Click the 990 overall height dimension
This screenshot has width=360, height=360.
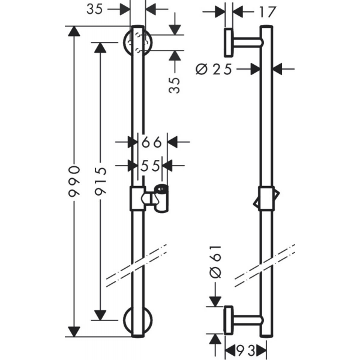(x=74, y=181)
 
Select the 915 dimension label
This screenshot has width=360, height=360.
(x=101, y=181)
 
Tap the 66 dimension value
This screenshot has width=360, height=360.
(x=152, y=142)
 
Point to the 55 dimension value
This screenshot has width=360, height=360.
(x=150, y=166)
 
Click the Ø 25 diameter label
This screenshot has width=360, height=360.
(x=214, y=69)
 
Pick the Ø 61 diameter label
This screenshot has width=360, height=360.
(x=215, y=262)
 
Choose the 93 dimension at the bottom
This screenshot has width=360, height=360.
(x=246, y=350)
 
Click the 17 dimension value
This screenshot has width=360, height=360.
(x=267, y=12)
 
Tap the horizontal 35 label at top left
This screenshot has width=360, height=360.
(x=95, y=9)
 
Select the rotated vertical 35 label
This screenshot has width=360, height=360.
(x=174, y=85)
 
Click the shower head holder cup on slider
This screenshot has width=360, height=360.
(x=161, y=199)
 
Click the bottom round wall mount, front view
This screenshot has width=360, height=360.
(x=138, y=320)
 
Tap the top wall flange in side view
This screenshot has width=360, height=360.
(x=229, y=43)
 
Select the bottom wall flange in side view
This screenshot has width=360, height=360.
(x=229, y=320)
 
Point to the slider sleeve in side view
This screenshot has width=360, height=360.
(x=266, y=199)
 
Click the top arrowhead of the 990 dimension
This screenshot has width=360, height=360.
(x=74, y=31)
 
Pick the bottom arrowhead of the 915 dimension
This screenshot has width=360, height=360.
(x=101, y=315)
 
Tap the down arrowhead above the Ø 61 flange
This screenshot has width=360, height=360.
(x=215, y=301)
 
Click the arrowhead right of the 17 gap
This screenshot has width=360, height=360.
(x=238, y=12)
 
